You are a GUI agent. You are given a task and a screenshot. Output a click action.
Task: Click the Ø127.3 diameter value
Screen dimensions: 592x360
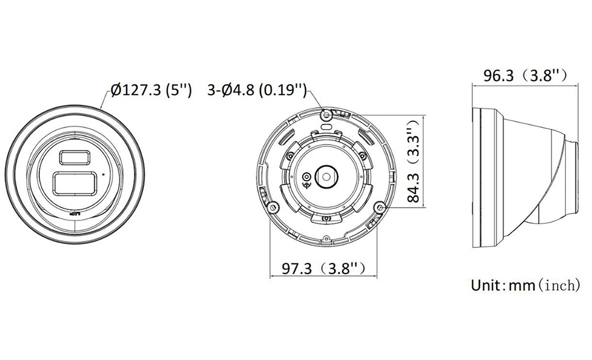click(136, 90)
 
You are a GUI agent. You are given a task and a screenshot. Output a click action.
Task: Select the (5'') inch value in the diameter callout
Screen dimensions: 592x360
click(179, 90)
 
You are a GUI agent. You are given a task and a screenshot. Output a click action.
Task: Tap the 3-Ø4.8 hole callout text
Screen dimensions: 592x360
click(230, 90)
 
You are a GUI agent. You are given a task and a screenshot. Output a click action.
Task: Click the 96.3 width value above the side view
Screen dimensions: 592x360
click(498, 76)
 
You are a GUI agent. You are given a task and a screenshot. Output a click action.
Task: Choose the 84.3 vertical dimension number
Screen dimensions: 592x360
click(414, 187)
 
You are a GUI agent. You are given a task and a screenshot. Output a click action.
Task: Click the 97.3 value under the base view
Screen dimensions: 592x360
click(297, 269)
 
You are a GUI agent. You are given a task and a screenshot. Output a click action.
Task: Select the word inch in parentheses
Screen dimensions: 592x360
click(559, 285)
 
